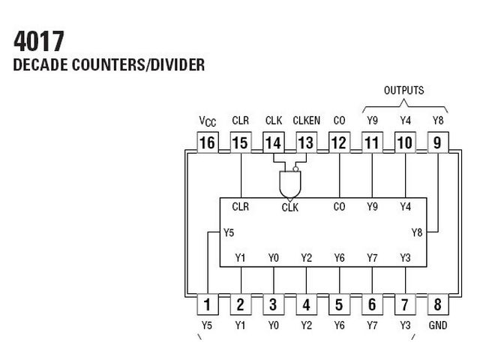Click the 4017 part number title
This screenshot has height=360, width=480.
point(39,41)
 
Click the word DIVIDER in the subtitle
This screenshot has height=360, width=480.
point(178,65)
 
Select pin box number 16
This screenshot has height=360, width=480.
point(208,142)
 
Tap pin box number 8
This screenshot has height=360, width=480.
point(438,304)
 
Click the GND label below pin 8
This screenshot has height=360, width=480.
point(438,325)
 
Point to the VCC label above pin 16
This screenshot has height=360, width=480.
point(208,121)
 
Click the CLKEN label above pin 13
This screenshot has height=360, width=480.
point(307,121)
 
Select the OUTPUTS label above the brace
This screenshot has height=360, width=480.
point(404,90)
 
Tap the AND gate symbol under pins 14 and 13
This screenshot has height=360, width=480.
point(290,184)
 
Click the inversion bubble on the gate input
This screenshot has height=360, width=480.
point(295,169)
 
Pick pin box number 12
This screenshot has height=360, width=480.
point(339,142)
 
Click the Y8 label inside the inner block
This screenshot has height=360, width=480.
point(417,232)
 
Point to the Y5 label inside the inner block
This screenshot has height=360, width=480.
point(229,232)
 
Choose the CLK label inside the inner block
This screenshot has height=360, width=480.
point(290,208)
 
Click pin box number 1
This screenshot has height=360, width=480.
point(208,304)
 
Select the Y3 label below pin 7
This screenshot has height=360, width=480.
point(405,325)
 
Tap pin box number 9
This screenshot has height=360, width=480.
point(438,142)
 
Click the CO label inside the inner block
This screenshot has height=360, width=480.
point(339,207)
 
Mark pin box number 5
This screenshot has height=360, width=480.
point(339,304)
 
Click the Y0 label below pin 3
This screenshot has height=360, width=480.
point(273,325)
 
